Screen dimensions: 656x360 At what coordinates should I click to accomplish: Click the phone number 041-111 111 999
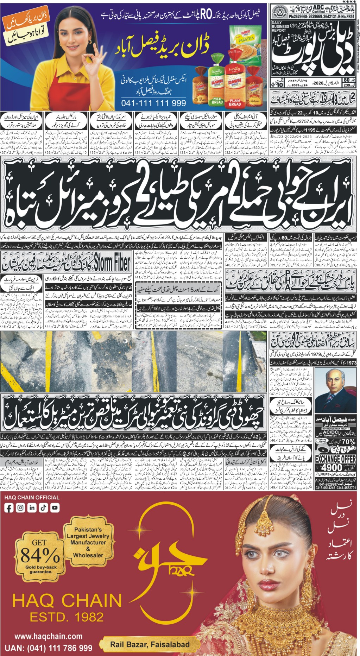click(x=153, y=103)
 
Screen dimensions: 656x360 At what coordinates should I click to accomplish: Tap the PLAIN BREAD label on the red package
click(x=235, y=102)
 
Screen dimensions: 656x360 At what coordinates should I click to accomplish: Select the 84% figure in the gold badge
click(x=40, y=555)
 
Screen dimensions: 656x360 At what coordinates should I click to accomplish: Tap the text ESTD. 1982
click(x=67, y=617)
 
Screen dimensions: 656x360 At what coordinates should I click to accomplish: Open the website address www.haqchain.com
click(x=49, y=636)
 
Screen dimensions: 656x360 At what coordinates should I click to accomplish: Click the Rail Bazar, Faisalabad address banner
click(x=150, y=645)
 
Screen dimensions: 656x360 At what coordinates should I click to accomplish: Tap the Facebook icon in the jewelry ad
click(x=9, y=507)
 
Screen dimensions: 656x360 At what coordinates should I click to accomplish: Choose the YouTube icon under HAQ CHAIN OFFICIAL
click(x=55, y=507)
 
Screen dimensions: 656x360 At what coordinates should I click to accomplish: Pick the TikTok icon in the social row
click(x=43, y=507)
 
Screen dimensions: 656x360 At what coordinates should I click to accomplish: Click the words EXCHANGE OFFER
click(x=335, y=459)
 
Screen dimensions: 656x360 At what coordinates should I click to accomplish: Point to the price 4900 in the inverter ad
click(x=332, y=467)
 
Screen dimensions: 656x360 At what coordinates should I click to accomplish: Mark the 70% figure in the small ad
click(x=348, y=441)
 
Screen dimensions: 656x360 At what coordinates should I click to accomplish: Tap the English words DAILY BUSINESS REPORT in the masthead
click(x=281, y=27)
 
